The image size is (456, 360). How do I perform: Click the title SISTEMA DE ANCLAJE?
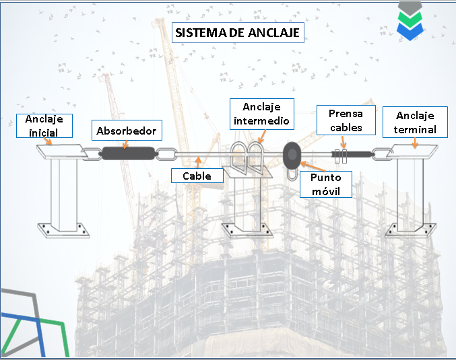[x=237, y=32]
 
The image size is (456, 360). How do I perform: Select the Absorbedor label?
[x=127, y=131]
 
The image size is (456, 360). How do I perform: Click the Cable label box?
[x=197, y=176]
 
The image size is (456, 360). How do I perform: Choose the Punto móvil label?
[x=325, y=184]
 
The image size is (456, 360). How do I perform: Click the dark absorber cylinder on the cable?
[x=128, y=153]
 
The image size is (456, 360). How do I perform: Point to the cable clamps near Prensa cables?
[x=342, y=156]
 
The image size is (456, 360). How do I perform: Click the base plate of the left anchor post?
[x=64, y=229]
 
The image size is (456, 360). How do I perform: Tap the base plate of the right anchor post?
[x=409, y=229]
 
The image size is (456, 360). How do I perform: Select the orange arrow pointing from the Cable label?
[x=198, y=161]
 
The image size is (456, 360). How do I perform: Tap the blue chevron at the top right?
[x=410, y=29]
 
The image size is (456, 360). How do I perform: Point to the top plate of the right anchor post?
[x=412, y=153]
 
